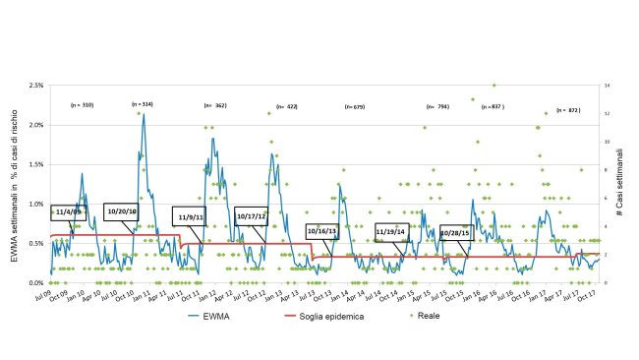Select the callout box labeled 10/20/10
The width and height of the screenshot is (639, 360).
[123, 210]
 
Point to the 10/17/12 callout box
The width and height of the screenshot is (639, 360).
[251, 214]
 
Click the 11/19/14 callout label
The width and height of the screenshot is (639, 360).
[390, 232]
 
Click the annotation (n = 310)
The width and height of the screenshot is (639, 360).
[82, 104]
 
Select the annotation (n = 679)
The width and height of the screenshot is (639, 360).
[355, 106]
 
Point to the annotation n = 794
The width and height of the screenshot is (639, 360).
[437, 106]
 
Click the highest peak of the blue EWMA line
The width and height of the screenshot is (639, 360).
[144, 114]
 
